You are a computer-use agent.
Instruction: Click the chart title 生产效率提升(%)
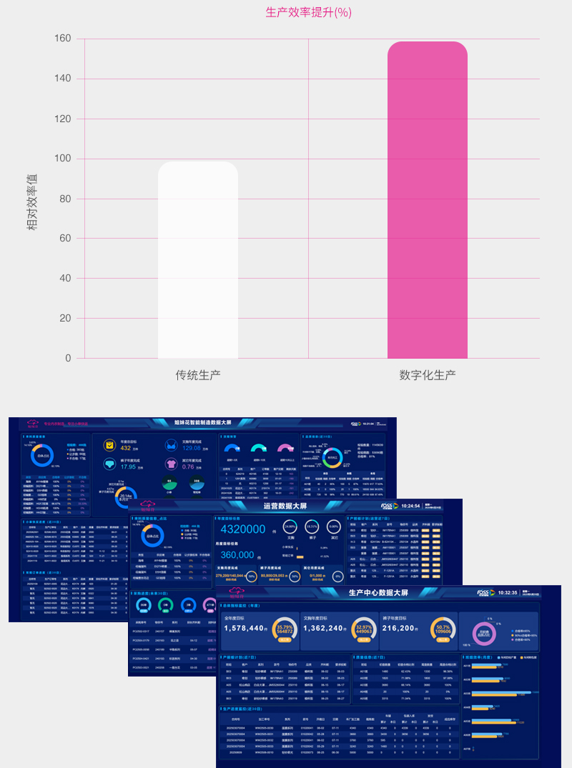point(308,12)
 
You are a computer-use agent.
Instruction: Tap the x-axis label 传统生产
point(198,374)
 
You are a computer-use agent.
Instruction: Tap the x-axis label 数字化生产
point(427,374)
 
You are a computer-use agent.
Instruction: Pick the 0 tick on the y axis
point(69,358)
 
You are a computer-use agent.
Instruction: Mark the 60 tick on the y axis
point(66,239)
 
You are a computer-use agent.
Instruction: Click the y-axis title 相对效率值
point(32,201)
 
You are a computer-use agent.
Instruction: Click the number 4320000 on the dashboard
point(242,529)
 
